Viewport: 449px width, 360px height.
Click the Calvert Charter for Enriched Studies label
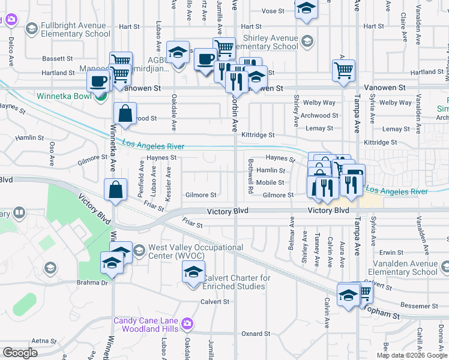point(235,282)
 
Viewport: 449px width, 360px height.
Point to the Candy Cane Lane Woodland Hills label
point(147,325)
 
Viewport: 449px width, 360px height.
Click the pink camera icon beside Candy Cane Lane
point(187,325)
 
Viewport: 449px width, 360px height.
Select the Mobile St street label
point(270,182)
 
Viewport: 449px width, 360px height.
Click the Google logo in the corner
point(20,353)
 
